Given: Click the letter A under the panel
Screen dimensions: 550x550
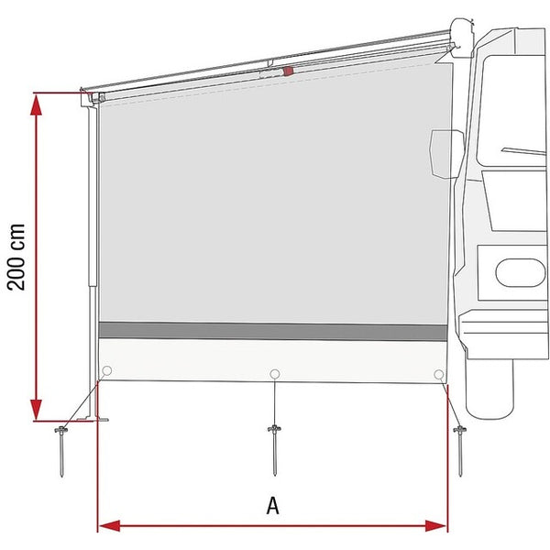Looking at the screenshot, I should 272,504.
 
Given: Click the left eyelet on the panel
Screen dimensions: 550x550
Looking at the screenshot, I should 107,371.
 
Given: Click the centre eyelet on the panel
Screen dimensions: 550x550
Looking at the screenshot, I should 274,373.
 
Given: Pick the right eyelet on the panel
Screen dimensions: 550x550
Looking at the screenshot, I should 439,374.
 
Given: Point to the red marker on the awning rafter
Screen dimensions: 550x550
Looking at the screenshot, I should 289,71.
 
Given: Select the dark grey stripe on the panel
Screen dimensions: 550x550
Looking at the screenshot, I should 275,330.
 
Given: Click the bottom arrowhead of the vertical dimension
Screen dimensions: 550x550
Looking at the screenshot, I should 37,412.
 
